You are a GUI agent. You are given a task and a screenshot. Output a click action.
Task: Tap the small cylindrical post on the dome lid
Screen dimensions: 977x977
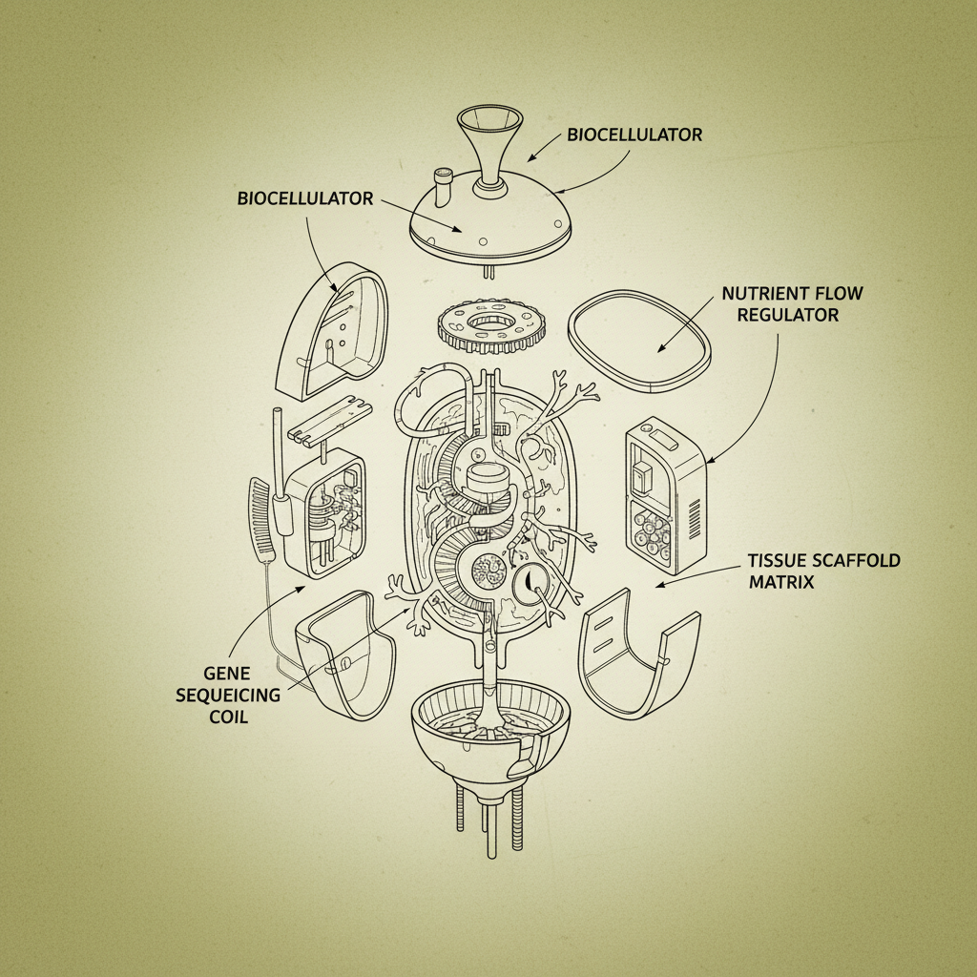pos(442,187)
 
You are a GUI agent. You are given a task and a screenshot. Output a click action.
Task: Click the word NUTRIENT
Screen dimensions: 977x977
pos(764,293)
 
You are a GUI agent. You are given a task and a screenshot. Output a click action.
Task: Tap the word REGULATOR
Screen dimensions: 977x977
pos(787,314)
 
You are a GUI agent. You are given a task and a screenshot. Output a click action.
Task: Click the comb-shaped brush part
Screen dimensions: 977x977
pos(260,524)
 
